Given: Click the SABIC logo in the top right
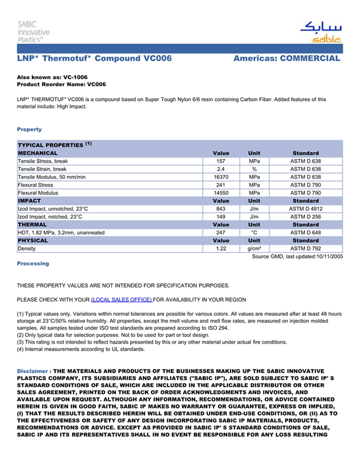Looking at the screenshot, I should pyautogui.click(x=320, y=32).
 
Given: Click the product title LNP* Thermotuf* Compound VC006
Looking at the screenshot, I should pyautogui.click(x=94, y=59).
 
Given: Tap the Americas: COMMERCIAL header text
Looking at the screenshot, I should pyautogui.click(x=286, y=59).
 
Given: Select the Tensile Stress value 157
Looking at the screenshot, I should pyautogui.click(x=221, y=161).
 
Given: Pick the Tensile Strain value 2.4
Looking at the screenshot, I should pyautogui.click(x=221, y=169).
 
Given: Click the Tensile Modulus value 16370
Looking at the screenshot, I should pyautogui.click(x=221, y=177).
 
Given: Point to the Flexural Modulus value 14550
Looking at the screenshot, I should pyautogui.click(x=221, y=193).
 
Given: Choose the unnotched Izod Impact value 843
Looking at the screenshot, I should pyautogui.click(x=221, y=209).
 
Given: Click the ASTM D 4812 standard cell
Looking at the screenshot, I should pyautogui.click(x=305, y=209).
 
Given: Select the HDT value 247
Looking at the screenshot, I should pyautogui.click(x=221, y=232).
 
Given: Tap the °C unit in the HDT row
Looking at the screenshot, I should pyautogui.click(x=254, y=232).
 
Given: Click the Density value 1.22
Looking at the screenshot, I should pyautogui.click(x=221, y=248).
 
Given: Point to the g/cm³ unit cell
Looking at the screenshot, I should pyautogui.click(x=254, y=248).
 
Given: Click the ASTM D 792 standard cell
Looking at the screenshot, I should pyautogui.click(x=305, y=248).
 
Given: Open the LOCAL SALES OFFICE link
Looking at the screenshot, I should pyautogui.click(x=121, y=299).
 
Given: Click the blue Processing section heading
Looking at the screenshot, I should pyautogui.click(x=33, y=263).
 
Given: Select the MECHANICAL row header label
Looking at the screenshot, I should pyautogui.click(x=38, y=153).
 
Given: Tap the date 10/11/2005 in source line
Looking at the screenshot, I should pyautogui.click(x=329, y=256).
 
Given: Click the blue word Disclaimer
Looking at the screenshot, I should pyautogui.click(x=33, y=371).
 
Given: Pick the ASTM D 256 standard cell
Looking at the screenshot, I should pyautogui.click(x=305, y=217).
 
